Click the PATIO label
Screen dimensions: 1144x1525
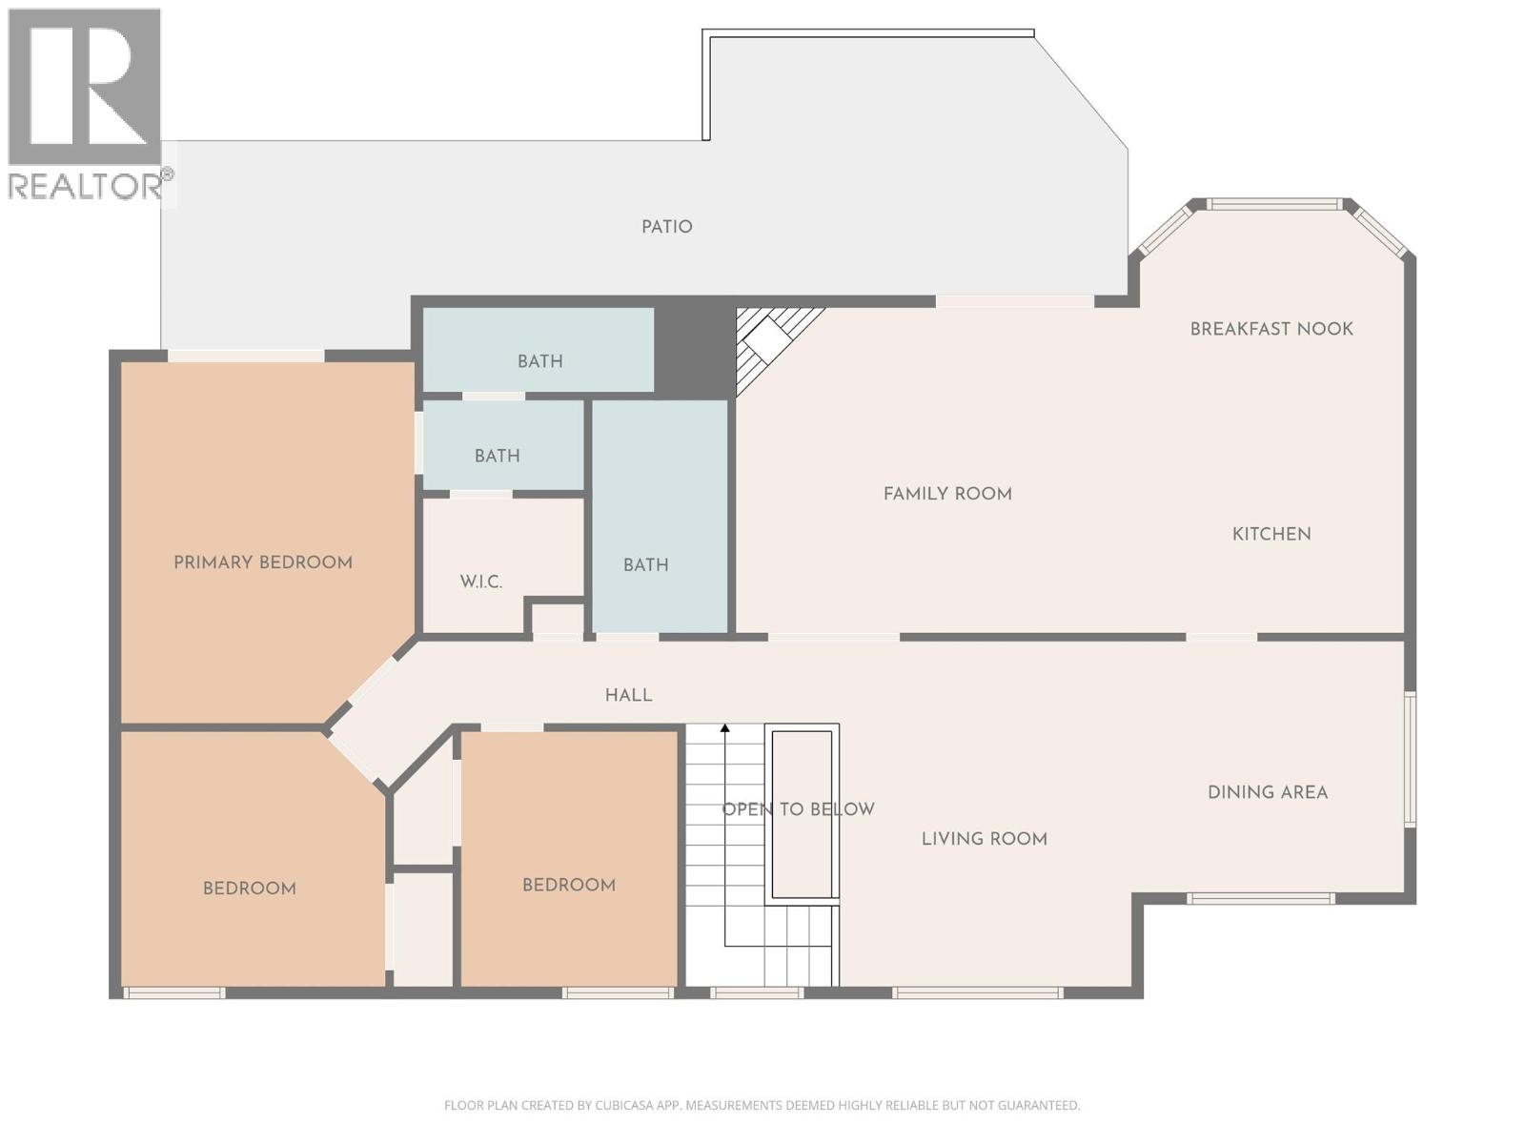666,227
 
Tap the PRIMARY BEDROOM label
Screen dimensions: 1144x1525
263,562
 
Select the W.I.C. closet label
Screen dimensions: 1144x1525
480,582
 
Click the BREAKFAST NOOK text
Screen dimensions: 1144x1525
1271,329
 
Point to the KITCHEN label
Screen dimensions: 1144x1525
1271,534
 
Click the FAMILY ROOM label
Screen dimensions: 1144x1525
947,494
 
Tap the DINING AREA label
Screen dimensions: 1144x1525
1267,792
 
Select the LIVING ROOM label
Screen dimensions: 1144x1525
984,839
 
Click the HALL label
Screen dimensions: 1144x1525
628,695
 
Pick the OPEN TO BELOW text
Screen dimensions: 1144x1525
798,809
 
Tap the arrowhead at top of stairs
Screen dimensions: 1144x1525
724,729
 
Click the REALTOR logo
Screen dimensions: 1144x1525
86,105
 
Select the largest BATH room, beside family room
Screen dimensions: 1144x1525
646,565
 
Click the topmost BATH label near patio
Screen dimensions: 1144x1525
539,361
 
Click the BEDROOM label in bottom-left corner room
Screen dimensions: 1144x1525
249,889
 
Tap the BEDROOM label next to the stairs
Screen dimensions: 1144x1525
568,885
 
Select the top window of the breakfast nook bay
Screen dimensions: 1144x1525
1274,204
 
